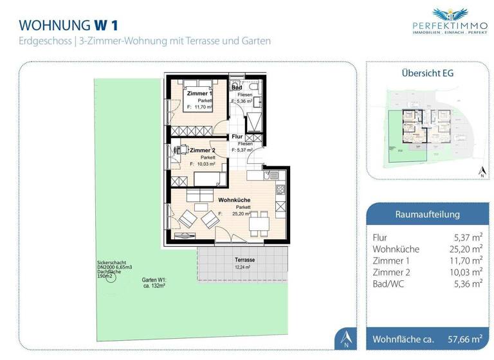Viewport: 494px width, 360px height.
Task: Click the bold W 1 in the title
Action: [108, 25]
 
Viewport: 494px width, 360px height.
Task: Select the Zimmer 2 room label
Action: [202, 150]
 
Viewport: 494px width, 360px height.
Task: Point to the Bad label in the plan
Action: [237, 87]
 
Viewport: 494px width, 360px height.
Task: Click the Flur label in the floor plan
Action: [237, 137]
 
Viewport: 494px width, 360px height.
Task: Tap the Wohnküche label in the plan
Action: [234, 200]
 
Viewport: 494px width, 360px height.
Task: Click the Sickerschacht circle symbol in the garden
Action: [110, 278]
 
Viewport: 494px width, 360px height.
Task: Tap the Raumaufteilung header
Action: [426, 214]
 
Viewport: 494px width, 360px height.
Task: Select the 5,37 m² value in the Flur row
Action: [468, 237]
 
